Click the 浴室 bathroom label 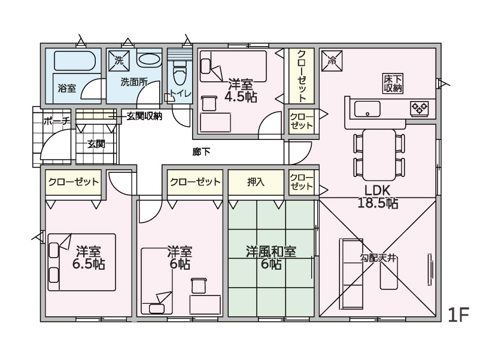point(67,89)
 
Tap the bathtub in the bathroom point(77,61)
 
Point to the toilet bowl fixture point(180,74)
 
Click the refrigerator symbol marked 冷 point(332,60)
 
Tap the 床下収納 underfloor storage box point(393,83)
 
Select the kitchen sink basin point(367,109)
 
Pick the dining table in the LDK point(379,155)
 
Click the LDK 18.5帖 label point(378,197)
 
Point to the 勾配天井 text point(378,258)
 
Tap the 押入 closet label point(256,182)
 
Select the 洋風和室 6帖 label point(271,258)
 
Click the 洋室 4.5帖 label point(241,90)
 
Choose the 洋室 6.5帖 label point(89,258)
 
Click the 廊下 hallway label point(201,152)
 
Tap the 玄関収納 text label point(144,117)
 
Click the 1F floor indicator point(458,315)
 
